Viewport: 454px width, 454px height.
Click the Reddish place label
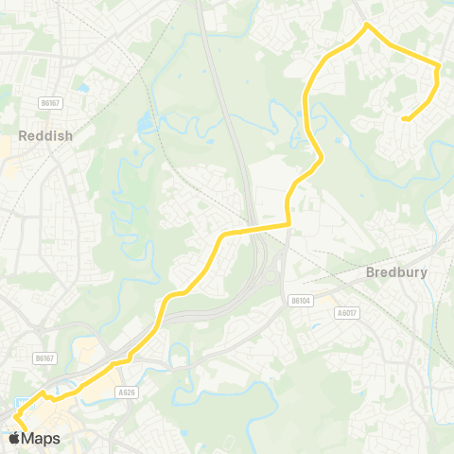pos(44,134)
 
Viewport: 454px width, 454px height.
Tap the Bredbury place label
pos(396,272)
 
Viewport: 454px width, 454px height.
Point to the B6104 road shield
pos(300,301)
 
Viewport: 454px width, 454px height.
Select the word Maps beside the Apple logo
pos(42,439)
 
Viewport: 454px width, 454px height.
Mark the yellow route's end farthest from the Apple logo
pos(405,118)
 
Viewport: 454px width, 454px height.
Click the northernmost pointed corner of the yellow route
pos(367,25)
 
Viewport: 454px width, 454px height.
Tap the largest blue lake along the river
pos(144,125)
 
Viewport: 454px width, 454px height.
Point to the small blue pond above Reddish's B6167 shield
pos(84,88)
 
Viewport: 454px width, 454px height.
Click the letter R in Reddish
pos(23,134)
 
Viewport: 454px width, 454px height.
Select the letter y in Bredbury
pos(423,274)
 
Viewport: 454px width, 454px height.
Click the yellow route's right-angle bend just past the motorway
pos(288,225)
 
